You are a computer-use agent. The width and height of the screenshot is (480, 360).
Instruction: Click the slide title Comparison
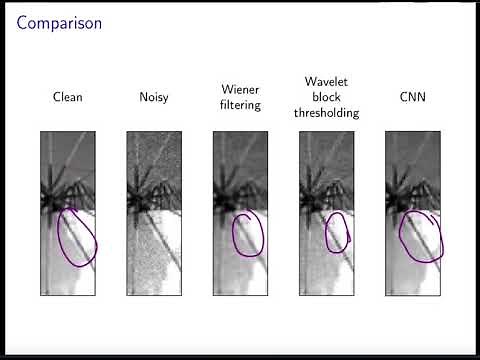(59, 22)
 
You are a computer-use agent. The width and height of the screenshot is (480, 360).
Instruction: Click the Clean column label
(67, 98)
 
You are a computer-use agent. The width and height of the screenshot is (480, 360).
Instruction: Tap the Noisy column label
(153, 98)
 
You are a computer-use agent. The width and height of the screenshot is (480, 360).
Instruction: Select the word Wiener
(239, 89)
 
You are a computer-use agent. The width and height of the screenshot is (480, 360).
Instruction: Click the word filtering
(239, 105)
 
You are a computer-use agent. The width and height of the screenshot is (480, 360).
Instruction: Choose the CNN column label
(411, 98)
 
